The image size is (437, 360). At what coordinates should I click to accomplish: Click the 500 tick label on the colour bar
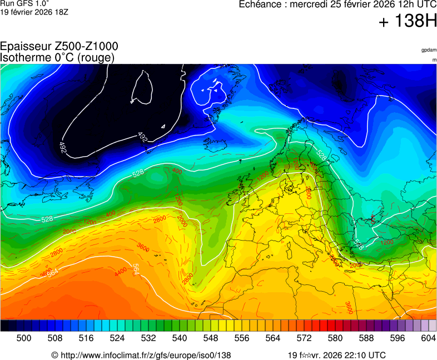coord(24,338)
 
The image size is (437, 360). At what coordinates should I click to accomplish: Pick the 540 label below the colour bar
coord(180,338)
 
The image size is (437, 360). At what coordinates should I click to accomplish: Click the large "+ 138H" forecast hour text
coord(408,22)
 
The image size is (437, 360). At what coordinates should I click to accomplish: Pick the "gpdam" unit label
coord(429,50)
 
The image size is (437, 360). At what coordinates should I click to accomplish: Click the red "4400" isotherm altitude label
coord(121,272)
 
